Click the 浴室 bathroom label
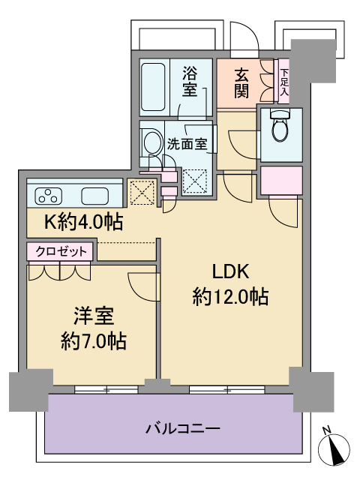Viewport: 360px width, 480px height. coord(190,82)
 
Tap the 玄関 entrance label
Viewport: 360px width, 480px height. coord(241,82)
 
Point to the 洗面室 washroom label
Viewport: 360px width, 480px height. coord(187,142)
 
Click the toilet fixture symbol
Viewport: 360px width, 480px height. coord(280,127)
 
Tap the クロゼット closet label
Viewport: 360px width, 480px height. coord(61,251)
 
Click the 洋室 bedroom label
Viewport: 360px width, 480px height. coord(93,315)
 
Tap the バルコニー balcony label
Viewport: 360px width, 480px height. coord(182,430)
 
